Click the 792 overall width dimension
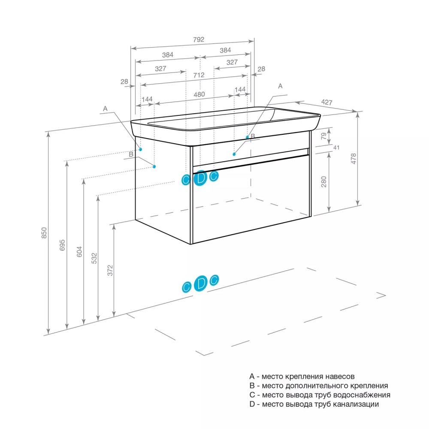point(198,39)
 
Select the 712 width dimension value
point(198,75)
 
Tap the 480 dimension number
point(199,94)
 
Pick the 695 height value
point(63,245)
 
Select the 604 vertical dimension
point(79,251)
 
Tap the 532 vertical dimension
point(94,257)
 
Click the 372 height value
point(110,270)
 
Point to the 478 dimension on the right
point(354,159)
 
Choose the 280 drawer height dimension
point(324,181)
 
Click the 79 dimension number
point(324,136)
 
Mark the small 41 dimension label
point(336,148)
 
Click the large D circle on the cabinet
point(200,177)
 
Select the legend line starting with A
point(302,377)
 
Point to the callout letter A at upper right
point(281,86)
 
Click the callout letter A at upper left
point(105,109)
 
